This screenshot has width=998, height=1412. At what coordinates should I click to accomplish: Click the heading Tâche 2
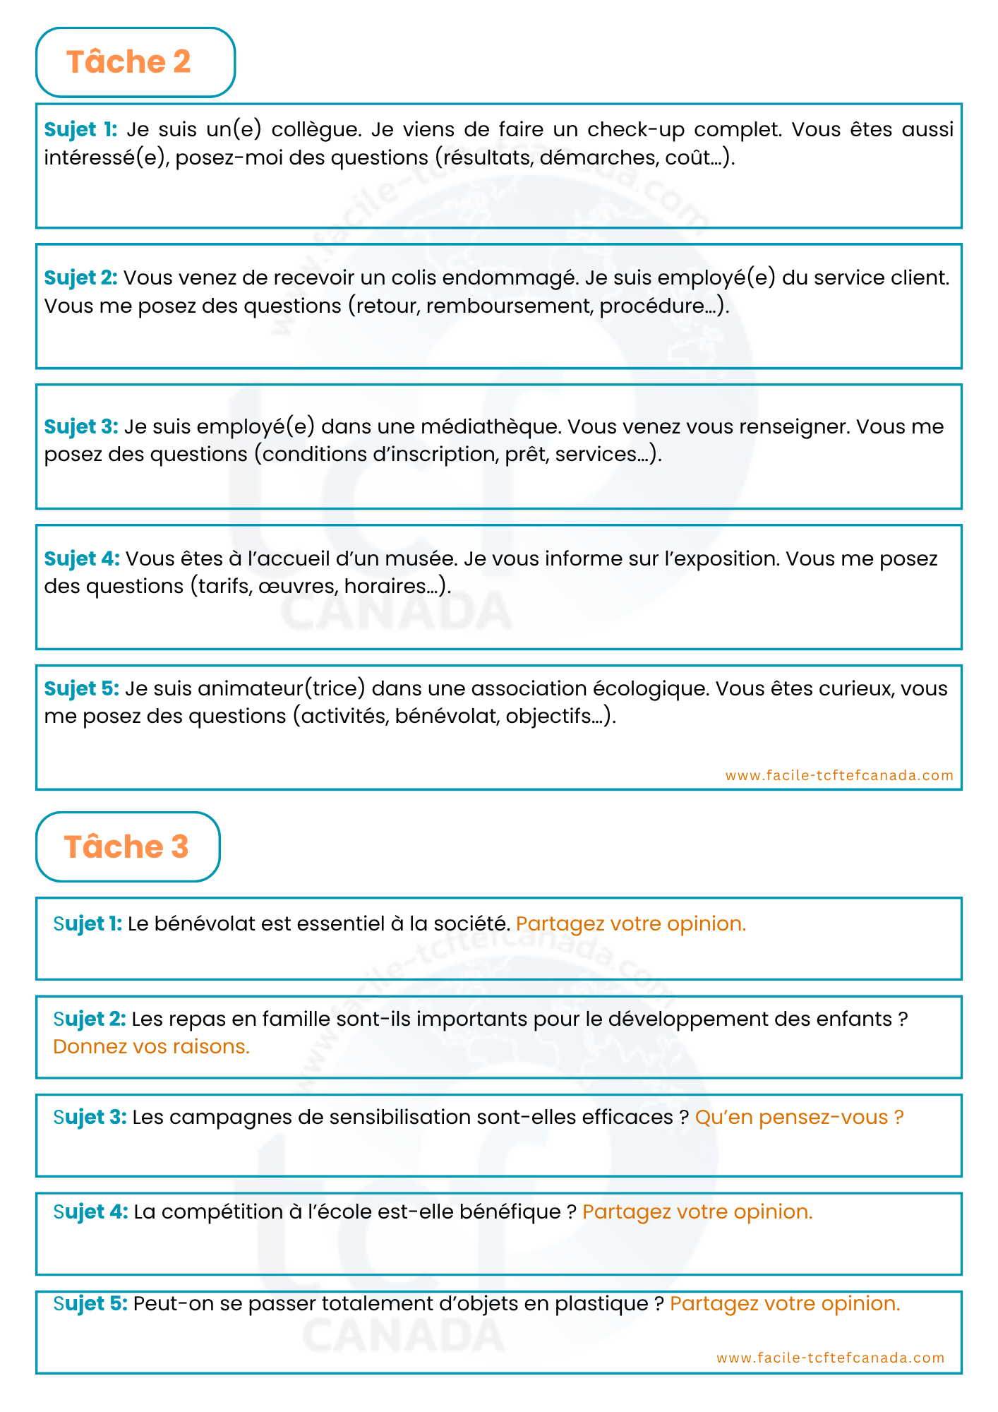[128, 62]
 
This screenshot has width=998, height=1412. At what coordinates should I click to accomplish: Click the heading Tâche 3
[126, 846]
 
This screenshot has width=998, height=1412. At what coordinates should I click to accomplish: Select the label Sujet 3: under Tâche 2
[81, 427]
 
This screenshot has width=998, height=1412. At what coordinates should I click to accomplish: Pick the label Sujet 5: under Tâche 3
[90, 1304]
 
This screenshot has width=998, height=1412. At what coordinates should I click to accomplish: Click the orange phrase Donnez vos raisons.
[152, 1046]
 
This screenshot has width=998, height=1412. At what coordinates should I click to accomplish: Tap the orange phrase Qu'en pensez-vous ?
[799, 1118]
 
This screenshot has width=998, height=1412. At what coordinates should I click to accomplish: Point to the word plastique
[601, 1304]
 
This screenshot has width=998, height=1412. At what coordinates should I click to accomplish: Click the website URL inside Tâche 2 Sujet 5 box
[839, 775]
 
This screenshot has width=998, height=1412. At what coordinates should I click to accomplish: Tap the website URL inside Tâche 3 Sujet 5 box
[830, 1358]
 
